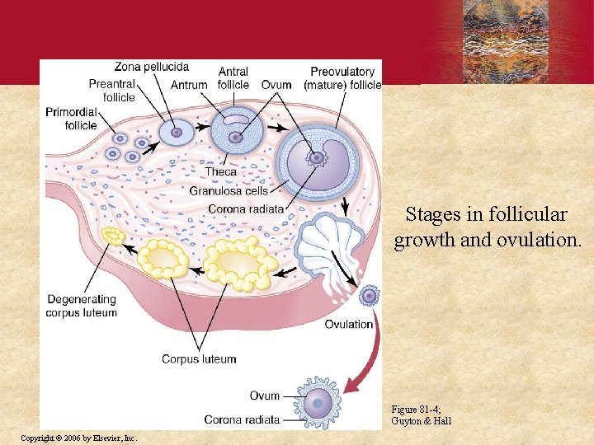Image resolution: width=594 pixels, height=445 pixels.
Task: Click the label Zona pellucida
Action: tap(152, 67)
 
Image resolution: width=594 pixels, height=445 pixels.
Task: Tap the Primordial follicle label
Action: tap(71, 119)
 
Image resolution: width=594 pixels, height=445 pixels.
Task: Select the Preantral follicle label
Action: tap(111, 91)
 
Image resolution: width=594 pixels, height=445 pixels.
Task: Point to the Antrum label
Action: tap(189, 85)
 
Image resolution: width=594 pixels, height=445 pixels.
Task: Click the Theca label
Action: tap(220, 171)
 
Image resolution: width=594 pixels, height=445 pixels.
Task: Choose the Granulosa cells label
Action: tap(229, 190)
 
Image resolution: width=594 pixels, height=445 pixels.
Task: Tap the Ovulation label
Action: tap(348, 324)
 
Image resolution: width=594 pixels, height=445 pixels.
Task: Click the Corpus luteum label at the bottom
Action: tap(199, 359)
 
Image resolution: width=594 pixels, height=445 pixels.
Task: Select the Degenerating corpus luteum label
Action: tap(82, 306)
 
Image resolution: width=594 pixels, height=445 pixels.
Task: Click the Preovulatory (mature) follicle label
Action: tap(342, 78)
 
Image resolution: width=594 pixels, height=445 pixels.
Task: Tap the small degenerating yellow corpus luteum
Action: tap(112, 237)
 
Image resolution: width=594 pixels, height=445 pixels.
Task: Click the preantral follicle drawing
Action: tap(175, 131)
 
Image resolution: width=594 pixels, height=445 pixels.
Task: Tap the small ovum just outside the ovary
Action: tap(369, 295)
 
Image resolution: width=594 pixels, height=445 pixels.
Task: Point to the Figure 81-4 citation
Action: tap(422, 415)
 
